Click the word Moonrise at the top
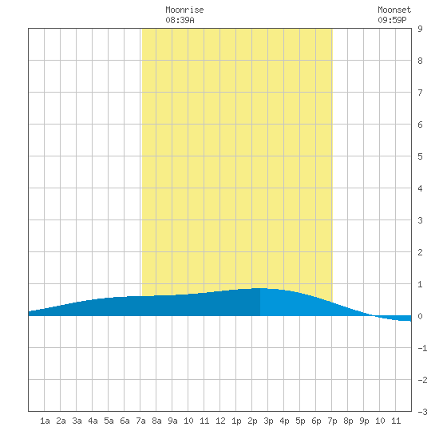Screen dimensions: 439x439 [x=184, y=10]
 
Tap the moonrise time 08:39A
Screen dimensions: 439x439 [x=180, y=20]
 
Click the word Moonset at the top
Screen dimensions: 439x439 [x=394, y=10]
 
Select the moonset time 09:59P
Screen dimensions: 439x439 [x=392, y=20]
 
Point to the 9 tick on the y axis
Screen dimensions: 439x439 [x=420, y=29]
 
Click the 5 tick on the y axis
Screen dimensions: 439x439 [x=420, y=156]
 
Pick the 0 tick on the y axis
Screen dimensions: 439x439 [x=420, y=316]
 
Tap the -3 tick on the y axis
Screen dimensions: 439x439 [x=422, y=412]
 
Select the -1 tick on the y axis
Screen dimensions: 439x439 [x=422, y=348]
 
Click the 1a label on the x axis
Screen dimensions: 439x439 [x=45, y=421]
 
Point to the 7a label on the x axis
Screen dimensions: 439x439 [x=140, y=421]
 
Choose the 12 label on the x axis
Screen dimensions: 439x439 [x=220, y=421]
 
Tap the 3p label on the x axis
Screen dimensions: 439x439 [x=268, y=421]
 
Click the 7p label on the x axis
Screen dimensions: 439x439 [x=332, y=421]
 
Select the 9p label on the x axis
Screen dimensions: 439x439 [x=364, y=421]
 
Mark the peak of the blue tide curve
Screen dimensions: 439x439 [x=260, y=288]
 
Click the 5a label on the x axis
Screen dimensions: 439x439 [x=109, y=421]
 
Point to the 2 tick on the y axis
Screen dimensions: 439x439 [x=420, y=252]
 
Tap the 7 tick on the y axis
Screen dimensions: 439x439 [x=420, y=93]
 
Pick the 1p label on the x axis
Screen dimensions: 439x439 [x=236, y=421]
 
